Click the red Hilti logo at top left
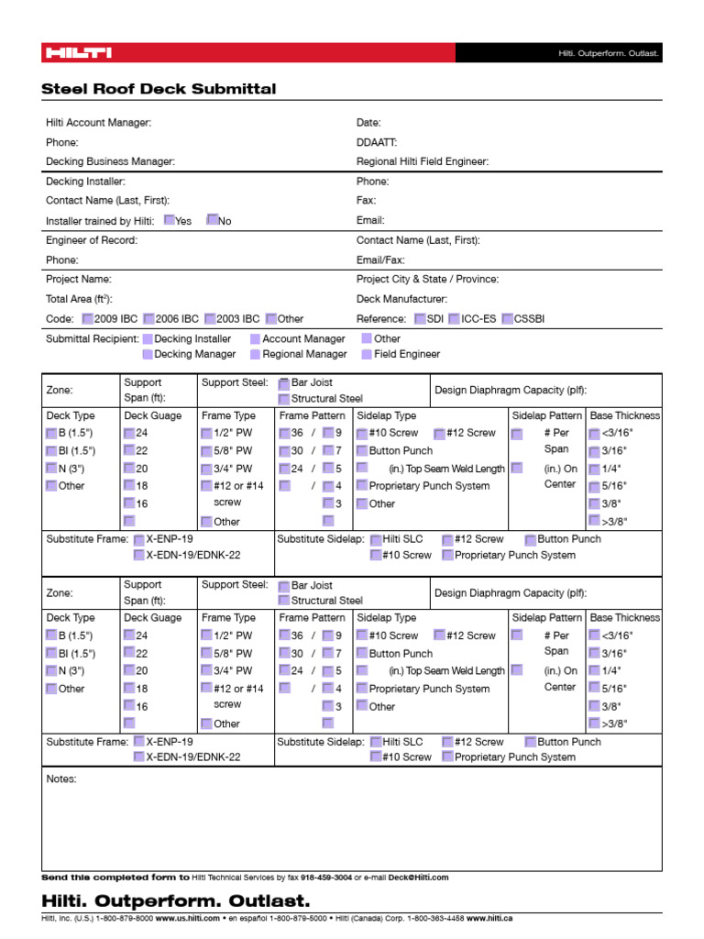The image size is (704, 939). pyautogui.click(x=78, y=53)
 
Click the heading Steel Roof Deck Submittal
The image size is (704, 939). pyautogui.click(x=159, y=89)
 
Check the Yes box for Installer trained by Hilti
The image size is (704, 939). pyautogui.click(x=170, y=220)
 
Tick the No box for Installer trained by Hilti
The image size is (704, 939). pyautogui.click(x=213, y=220)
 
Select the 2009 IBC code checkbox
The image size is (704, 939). pyautogui.click(x=87, y=319)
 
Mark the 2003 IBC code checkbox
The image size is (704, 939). pyautogui.click(x=210, y=319)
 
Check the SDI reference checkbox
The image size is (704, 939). pyautogui.click(x=420, y=319)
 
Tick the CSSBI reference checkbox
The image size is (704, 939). pyautogui.click(x=508, y=319)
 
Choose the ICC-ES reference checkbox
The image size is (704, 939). pyautogui.click(x=455, y=319)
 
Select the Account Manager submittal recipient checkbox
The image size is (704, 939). pyautogui.click(x=255, y=338)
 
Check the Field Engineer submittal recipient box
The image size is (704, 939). pyautogui.click(x=367, y=354)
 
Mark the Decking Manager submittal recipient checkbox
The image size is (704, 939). pyautogui.click(x=148, y=354)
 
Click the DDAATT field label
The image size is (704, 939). pyautogui.click(x=377, y=142)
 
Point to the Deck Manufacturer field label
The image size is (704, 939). pyautogui.click(x=401, y=299)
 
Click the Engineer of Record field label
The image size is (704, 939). pyautogui.click(x=92, y=240)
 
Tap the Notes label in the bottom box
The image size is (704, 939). pyautogui.click(x=61, y=779)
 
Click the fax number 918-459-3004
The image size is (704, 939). pyautogui.click(x=325, y=878)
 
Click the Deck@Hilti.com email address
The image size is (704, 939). pyautogui.click(x=419, y=878)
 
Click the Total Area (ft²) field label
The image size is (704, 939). pyautogui.click(x=80, y=299)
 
